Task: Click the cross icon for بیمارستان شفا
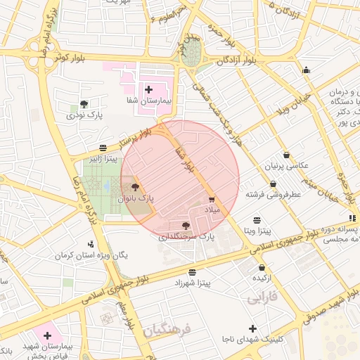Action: [148, 89]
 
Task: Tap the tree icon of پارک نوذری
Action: [84, 103]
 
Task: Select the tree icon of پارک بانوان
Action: [135, 188]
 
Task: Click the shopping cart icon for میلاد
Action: [212, 200]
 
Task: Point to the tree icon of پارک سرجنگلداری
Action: [186, 226]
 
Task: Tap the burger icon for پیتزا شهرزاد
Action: [192, 272]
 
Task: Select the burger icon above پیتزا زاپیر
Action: [103, 148]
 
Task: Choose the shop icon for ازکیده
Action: [262, 267]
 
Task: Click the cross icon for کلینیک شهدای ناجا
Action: [252, 328]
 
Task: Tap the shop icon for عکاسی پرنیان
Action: [285, 155]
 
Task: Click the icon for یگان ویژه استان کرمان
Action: [89, 244]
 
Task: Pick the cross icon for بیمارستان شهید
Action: [48, 335]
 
